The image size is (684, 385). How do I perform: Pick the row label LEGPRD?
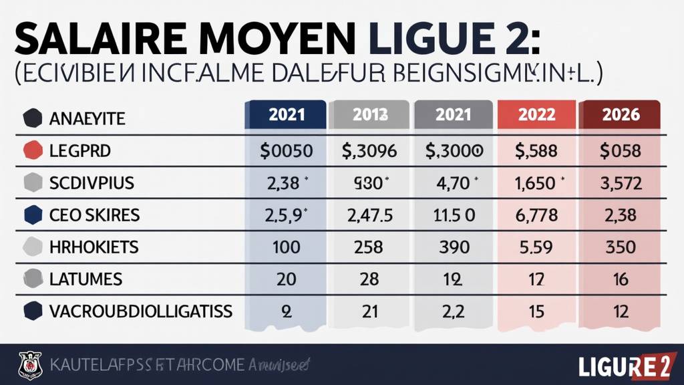(80, 150)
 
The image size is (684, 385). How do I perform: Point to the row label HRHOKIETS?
(94, 247)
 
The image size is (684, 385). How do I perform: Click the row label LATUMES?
(85, 279)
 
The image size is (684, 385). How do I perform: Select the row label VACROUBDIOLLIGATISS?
(141, 311)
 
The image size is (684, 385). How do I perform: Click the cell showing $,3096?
(370, 150)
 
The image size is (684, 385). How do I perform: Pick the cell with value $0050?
(285, 150)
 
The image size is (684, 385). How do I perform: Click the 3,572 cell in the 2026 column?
(621, 182)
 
